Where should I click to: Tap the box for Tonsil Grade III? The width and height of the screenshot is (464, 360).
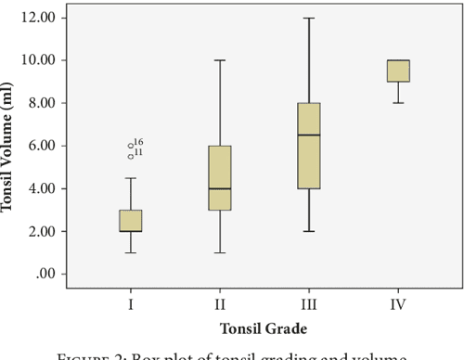click(x=307, y=146)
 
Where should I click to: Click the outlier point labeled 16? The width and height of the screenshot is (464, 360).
click(x=131, y=146)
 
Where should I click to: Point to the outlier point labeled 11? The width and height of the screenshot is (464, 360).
click(x=131, y=156)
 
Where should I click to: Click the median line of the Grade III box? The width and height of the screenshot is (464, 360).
click(x=307, y=135)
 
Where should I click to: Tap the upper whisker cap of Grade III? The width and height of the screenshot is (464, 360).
click(x=307, y=18)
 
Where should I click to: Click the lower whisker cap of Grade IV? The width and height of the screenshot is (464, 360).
click(x=397, y=103)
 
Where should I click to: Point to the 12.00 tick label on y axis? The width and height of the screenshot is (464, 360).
click(x=45, y=18)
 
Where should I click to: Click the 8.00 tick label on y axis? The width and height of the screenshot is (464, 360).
click(x=48, y=103)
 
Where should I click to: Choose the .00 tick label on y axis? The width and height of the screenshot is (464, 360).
click(x=54, y=275)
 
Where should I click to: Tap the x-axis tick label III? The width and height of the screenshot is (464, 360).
click(x=308, y=302)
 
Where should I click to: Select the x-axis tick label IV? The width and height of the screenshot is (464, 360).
click(x=397, y=302)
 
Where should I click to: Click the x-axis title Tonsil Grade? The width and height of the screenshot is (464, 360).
click(x=264, y=328)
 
